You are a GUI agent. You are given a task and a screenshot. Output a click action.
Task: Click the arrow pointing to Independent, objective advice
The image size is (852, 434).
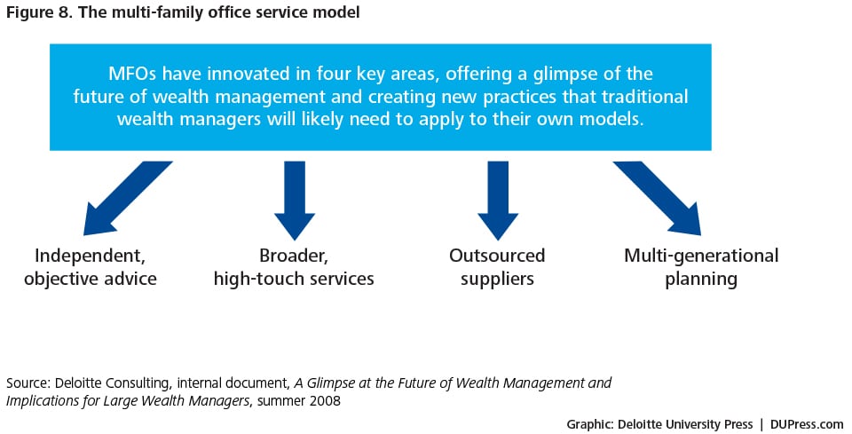tap(128, 198)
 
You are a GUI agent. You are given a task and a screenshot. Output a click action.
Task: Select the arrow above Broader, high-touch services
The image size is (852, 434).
tap(295, 201)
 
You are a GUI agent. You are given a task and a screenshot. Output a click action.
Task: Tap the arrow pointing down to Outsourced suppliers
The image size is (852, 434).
tap(498, 201)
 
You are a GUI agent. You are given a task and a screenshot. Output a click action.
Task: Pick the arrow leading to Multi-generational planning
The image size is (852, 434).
tap(658, 198)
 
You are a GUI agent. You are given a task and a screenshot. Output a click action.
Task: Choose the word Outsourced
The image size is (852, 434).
tap(497, 256)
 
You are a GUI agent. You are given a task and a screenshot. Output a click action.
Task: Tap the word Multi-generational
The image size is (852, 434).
tap(701, 256)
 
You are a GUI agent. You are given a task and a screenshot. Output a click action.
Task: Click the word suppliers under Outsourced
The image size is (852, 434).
tap(497, 280)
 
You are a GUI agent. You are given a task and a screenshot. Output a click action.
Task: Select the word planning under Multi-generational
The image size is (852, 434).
tap(701, 280)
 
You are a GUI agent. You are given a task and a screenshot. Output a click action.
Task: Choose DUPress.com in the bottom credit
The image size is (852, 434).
tap(807, 424)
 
